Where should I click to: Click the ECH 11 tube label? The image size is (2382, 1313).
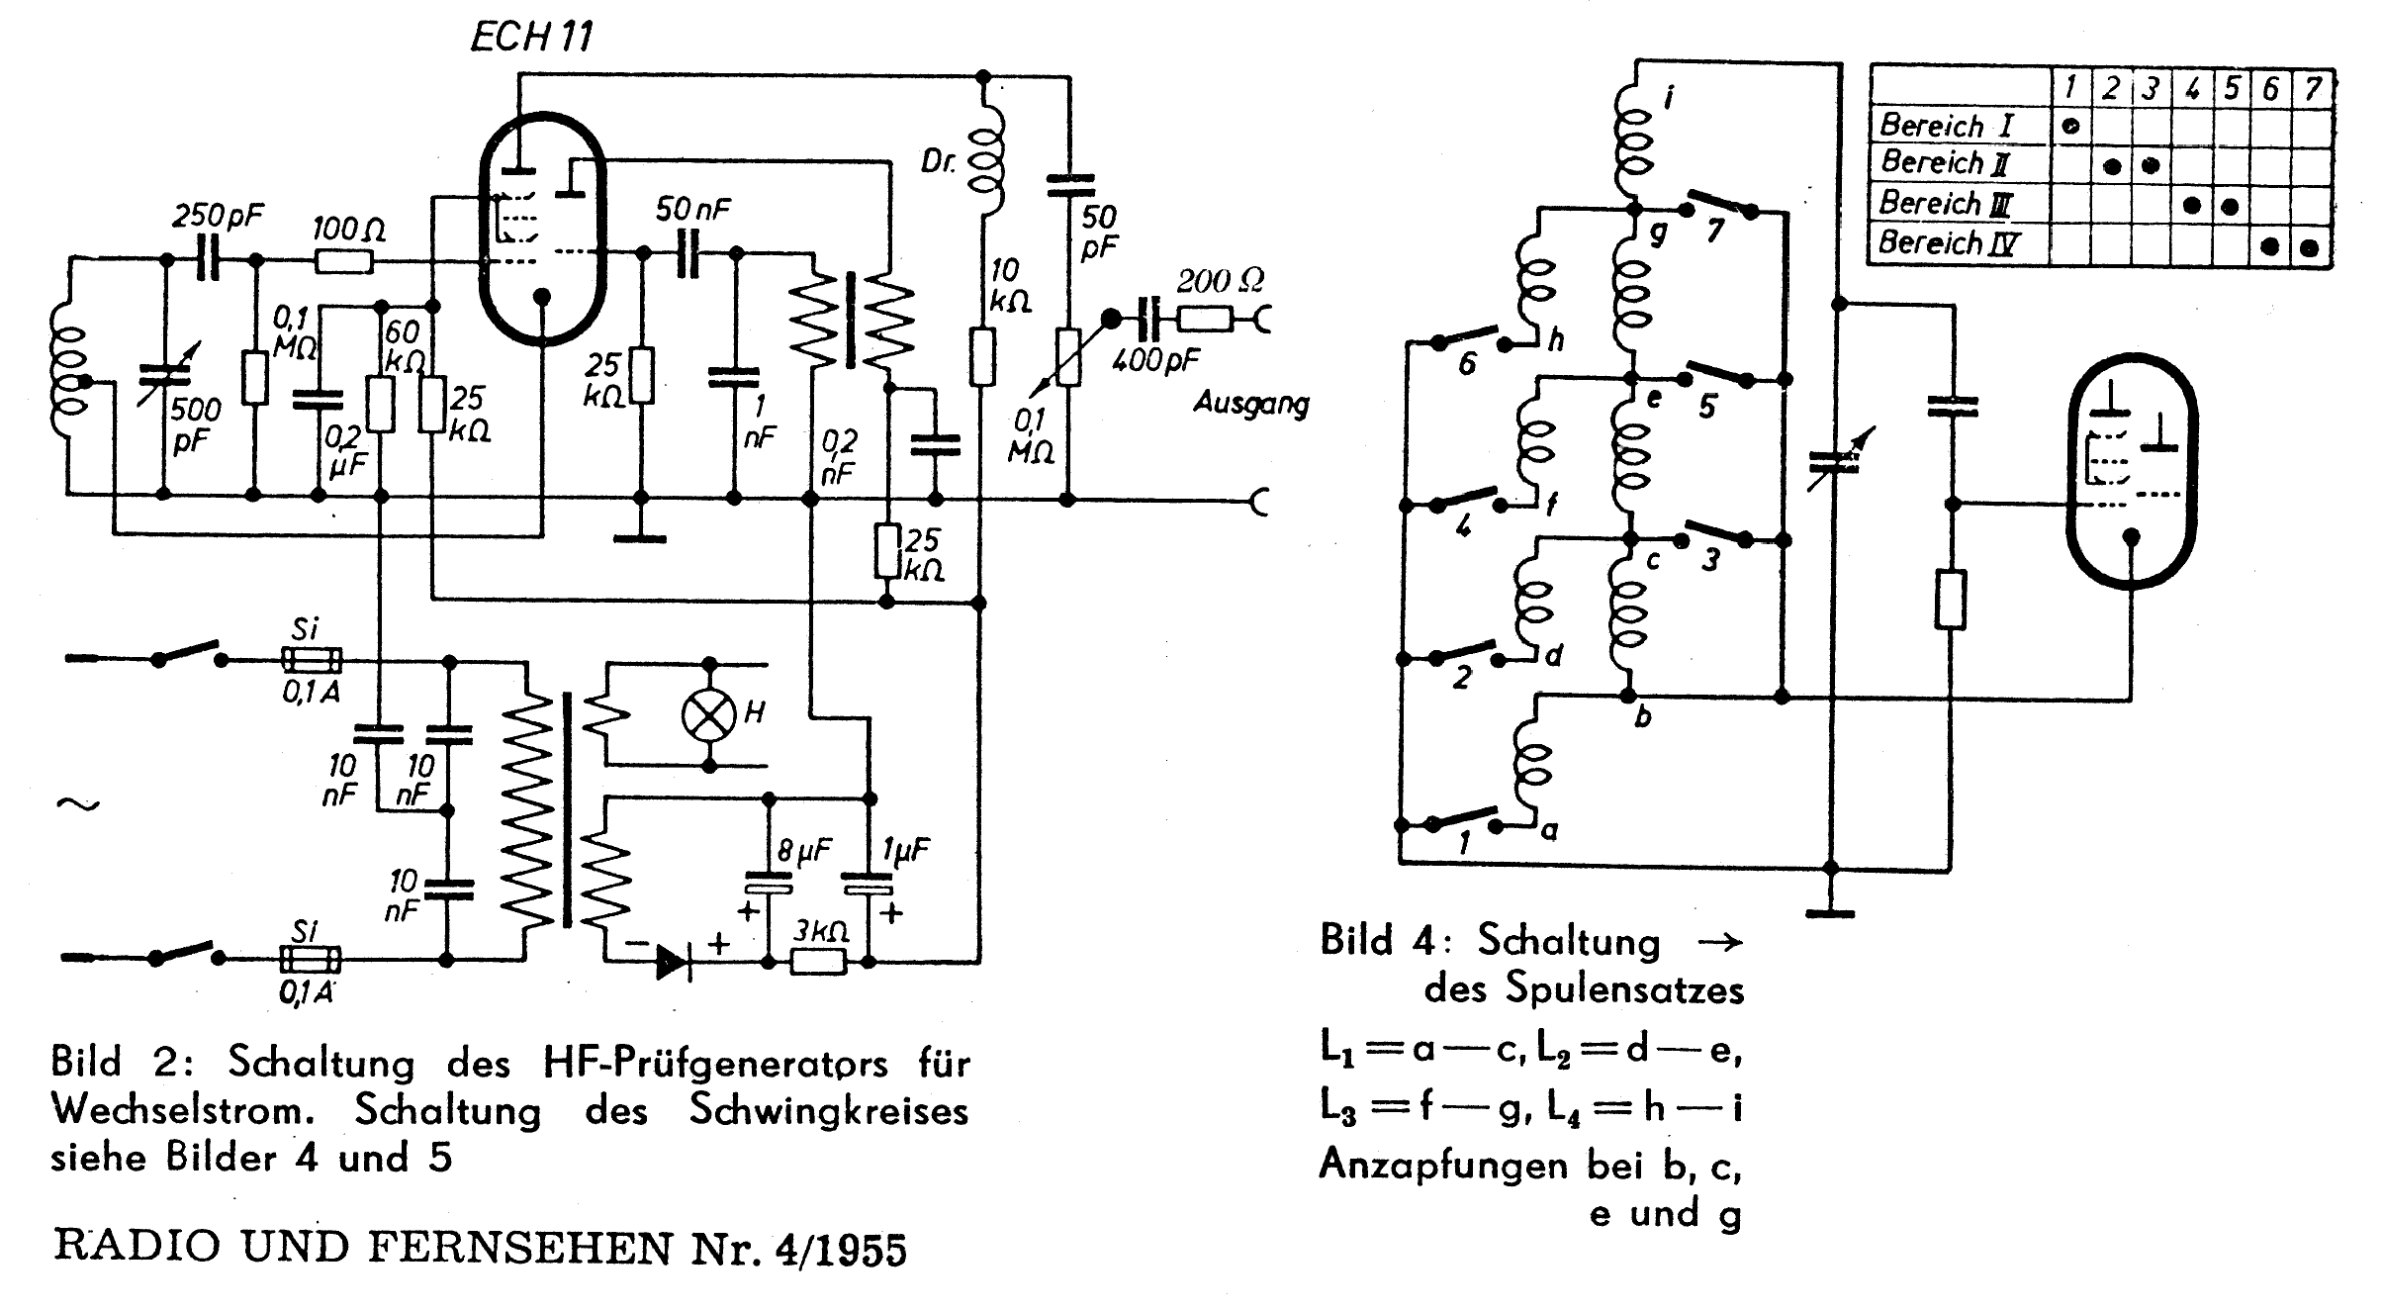click(532, 38)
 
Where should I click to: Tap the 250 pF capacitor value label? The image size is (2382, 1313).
click(218, 217)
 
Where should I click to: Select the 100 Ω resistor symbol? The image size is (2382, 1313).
click(344, 261)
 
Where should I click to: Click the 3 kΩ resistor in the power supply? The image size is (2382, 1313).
click(818, 961)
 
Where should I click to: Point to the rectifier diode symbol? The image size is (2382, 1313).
click(674, 961)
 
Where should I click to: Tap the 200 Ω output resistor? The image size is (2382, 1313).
click(1204, 319)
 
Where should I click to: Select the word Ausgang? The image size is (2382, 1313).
click(1251, 404)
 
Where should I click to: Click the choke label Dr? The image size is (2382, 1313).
click(938, 161)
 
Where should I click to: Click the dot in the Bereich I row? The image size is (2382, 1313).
click(2070, 126)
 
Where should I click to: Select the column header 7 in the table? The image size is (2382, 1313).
click(2312, 89)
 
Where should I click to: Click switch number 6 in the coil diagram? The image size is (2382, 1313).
click(1468, 341)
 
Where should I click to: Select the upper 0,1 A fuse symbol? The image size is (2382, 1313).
click(312, 660)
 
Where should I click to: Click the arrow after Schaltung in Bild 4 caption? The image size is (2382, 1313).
click(1719, 942)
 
